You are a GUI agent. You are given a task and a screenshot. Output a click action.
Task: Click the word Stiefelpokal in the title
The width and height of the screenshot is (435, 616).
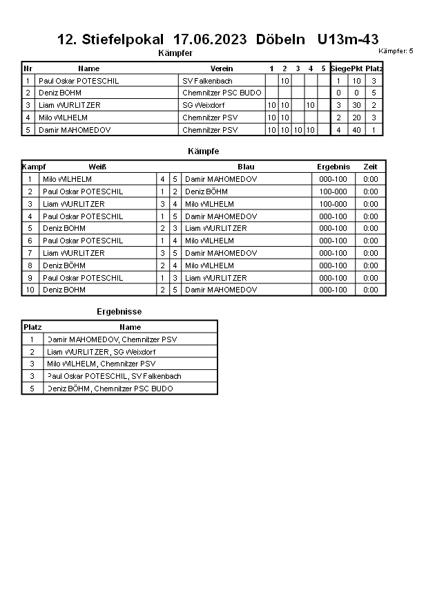pos(123,39)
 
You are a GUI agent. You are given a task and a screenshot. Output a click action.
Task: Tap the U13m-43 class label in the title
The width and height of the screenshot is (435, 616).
pos(348,39)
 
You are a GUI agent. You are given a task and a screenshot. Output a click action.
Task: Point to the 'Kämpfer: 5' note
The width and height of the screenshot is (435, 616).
pos(396,51)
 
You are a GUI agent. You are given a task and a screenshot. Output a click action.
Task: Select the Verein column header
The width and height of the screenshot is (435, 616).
pos(222,68)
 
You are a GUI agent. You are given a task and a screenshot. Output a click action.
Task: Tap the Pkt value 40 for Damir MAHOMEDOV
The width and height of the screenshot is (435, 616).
pos(356,130)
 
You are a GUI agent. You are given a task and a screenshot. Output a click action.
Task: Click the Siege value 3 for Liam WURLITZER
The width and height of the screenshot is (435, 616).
pos(338,105)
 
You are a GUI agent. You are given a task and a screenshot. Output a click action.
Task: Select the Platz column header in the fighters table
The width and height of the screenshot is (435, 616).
pos(374,68)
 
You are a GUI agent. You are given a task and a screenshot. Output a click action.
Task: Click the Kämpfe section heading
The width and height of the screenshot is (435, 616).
pos(203,151)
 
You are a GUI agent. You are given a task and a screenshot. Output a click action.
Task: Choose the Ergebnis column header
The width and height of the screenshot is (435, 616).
pos(333,167)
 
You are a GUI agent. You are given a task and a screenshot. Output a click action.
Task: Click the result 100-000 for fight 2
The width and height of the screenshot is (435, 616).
pos(333,192)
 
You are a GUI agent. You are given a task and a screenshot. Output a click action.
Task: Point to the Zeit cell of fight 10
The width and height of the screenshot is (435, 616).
pos(371,290)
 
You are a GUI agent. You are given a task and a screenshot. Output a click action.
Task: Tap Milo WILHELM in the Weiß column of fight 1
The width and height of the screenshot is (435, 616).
pos(67,179)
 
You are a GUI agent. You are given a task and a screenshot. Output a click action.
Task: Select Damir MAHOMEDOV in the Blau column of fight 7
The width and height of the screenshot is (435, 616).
pos(221,253)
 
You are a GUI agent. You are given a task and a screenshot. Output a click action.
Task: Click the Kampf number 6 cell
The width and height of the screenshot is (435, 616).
pos(30,241)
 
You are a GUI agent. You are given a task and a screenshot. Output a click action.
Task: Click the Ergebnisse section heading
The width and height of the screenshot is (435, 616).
pos(119,312)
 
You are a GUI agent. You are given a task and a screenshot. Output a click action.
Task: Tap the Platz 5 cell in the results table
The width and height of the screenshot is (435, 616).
pos(32,389)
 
